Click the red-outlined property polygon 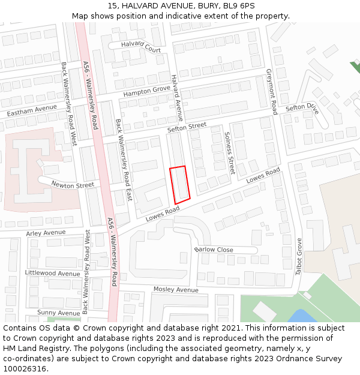[179, 184]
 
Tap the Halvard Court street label [141, 46]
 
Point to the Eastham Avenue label [32, 110]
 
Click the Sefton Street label [187, 128]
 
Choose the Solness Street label [229, 153]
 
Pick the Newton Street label [73, 184]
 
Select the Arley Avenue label [46, 233]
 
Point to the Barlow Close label [214, 250]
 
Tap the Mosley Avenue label [176, 289]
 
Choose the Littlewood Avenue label [52, 273]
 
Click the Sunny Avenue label [58, 313]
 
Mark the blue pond [301, 316]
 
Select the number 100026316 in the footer [25, 369]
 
